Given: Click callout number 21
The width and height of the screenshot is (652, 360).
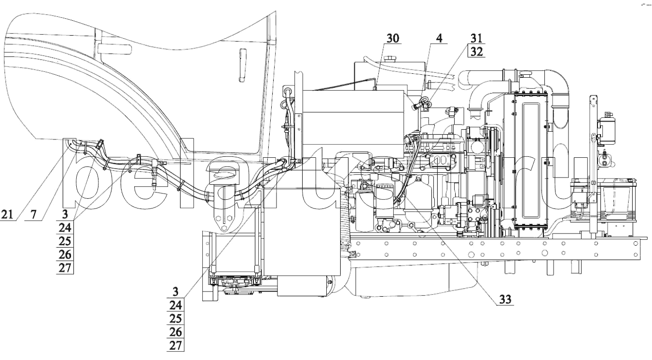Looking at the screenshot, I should tap(7, 215).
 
